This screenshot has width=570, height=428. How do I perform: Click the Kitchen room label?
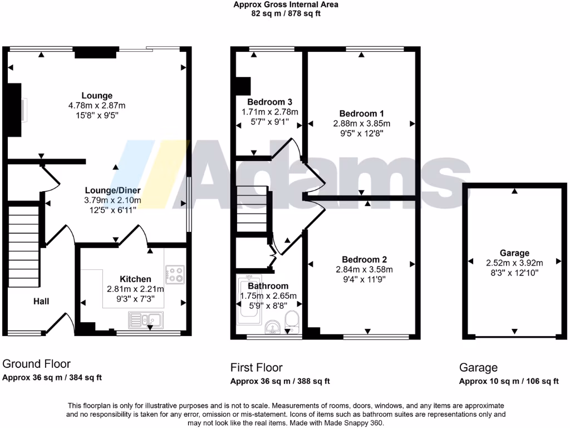click(x=135, y=279)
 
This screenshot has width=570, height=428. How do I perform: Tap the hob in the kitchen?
click(x=175, y=273)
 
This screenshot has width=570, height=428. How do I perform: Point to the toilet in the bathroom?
click(x=292, y=322)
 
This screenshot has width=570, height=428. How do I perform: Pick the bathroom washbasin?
click(x=272, y=327)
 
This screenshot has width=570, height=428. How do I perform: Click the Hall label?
click(x=41, y=301)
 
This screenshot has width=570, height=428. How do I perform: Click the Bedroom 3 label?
click(x=269, y=102)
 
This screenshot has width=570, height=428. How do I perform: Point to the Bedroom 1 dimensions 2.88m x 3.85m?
click(x=361, y=124)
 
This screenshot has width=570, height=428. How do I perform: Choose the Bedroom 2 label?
click(x=364, y=260)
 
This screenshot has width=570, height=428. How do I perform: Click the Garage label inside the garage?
click(x=514, y=252)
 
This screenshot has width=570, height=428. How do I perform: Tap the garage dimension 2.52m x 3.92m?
click(x=514, y=262)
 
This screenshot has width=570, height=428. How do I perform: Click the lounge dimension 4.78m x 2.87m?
click(x=97, y=105)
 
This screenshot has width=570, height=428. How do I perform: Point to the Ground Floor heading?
click(x=37, y=364)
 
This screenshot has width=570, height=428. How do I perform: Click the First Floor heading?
click(x=256, y=367)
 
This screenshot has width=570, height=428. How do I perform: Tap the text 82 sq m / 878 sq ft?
click(x=286, y=13)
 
